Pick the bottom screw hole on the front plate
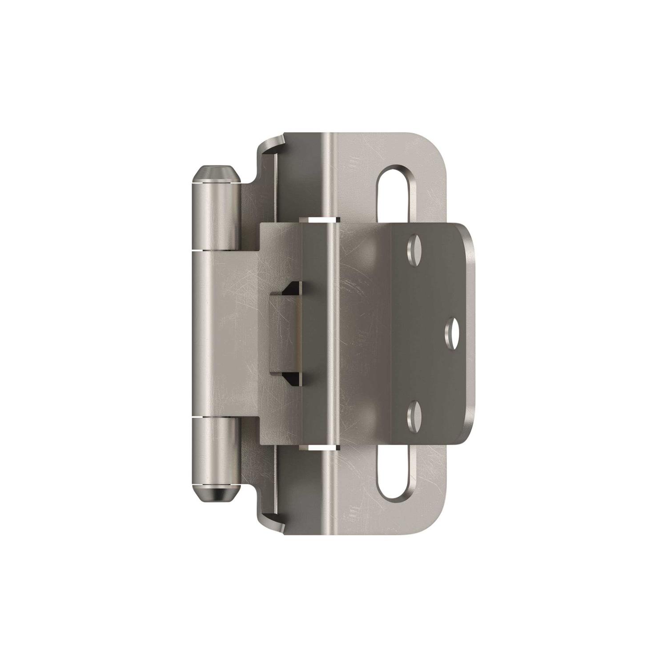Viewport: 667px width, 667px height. tap(415, 413)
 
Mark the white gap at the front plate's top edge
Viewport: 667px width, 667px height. tap(319, 219)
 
